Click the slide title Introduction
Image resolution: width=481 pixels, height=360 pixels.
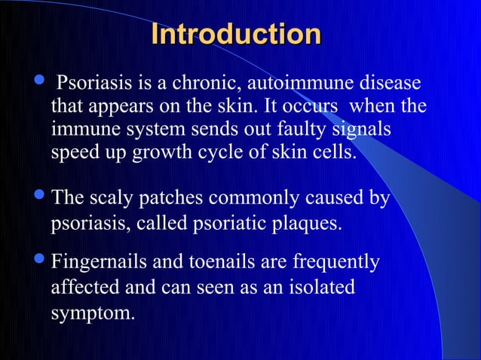(235, 35)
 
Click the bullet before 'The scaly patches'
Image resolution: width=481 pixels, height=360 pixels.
(38, 198)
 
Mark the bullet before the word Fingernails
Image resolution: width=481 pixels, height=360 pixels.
(38, 261)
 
